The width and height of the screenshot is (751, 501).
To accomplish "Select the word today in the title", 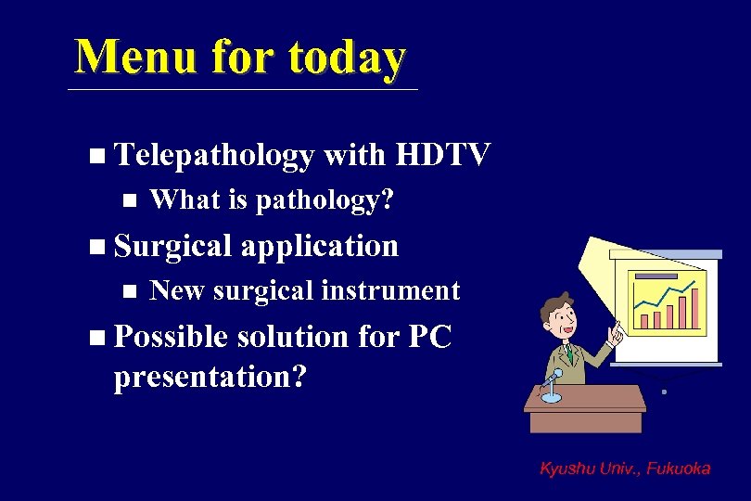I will pos(347,57).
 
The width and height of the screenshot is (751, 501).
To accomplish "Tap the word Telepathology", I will pos(213,156).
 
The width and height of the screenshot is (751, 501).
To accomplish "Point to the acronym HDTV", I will pos(441,155).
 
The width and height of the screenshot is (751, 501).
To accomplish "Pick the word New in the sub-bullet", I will pos(177,290).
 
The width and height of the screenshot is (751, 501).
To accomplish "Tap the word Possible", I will pos(170,337).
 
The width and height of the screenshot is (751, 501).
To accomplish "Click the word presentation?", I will pos(210,378).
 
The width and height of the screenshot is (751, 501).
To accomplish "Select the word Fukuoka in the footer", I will pos(679,469).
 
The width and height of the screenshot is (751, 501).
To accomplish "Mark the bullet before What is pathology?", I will pos(129,199).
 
